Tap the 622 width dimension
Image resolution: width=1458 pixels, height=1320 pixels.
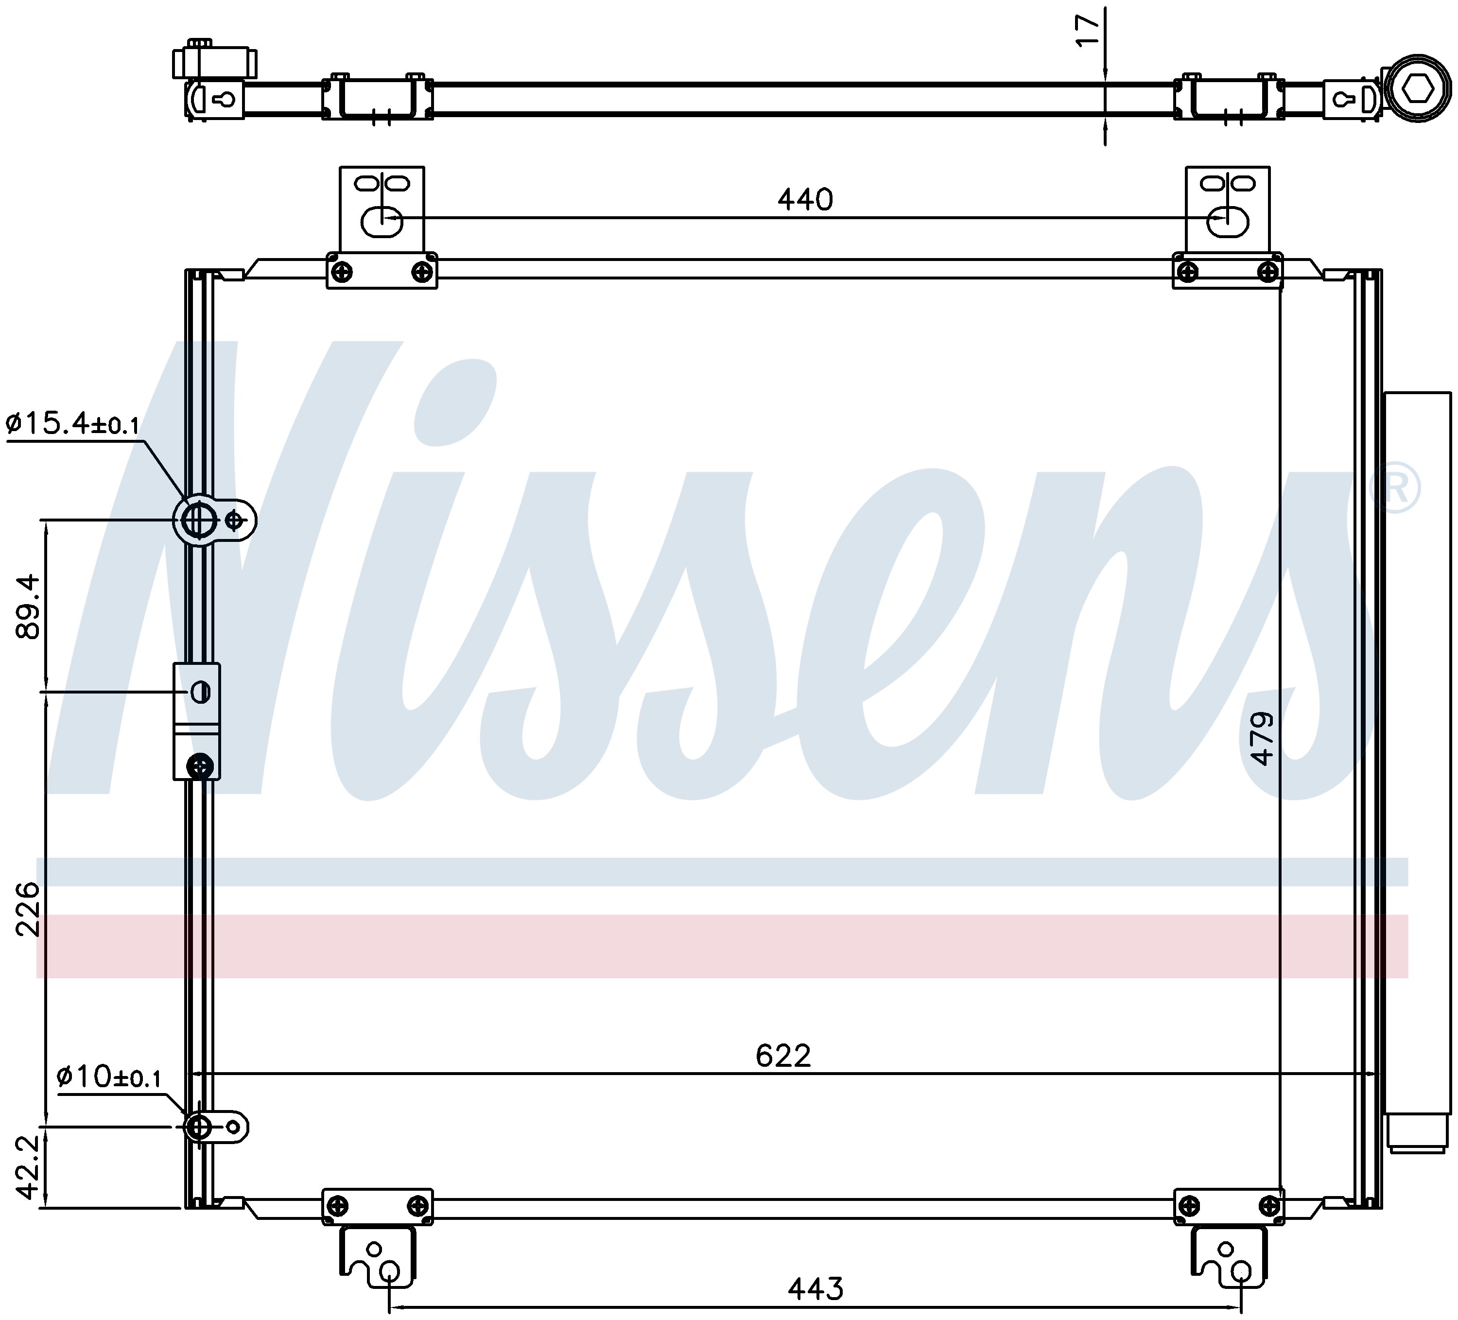tap(783, 1057)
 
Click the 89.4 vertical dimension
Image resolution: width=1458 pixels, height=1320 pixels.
tap(30, 606)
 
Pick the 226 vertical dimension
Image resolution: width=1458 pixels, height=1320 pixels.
tap(30, 909)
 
